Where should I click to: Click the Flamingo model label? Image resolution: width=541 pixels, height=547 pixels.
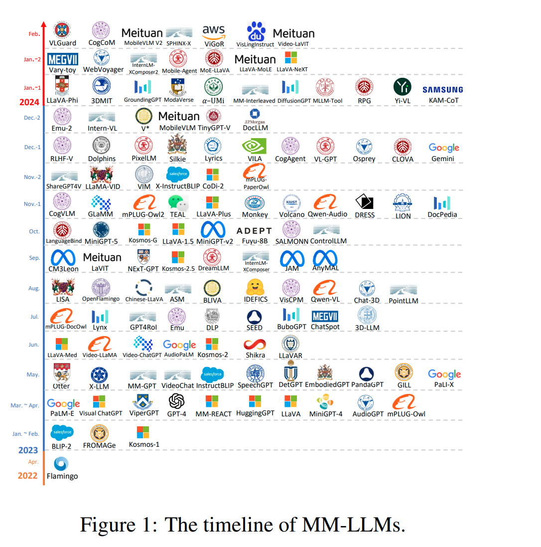[x=62, y=476]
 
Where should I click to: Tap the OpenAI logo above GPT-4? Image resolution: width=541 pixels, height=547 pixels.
[x=177, y=401]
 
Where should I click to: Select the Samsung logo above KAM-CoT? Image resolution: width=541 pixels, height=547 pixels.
[x=442, y=90]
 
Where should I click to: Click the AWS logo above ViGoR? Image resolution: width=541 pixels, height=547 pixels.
[x=214, y=32]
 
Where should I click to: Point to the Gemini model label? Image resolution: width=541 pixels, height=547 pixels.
[x=443, y=159]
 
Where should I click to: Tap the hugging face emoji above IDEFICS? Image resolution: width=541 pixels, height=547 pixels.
[x=256, y=288]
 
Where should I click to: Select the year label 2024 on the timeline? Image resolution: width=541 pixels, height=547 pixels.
[x=29, y=102]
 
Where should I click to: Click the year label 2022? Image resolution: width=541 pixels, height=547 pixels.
[x=28, y=475]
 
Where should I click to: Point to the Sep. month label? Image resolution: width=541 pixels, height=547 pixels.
[x=34, y=258]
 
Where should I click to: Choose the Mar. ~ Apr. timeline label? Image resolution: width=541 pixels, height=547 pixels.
[x=25, y=405]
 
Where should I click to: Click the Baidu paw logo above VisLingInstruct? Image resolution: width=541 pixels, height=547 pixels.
[x=256, y=31]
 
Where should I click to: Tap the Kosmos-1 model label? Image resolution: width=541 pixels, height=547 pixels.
[x=144, y=444]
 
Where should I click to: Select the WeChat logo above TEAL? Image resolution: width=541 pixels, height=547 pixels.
[x=178, y=202]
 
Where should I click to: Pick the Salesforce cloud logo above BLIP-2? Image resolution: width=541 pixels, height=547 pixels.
[x=62, y=432]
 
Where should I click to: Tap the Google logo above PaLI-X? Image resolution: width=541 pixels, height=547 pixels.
[x=444, y=374]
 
